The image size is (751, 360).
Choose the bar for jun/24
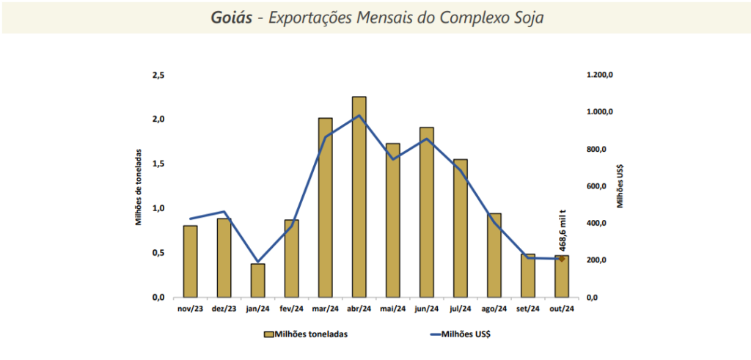point(426,212)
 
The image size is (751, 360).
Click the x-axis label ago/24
point(494,309)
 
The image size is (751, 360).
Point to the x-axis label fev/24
point(291,309)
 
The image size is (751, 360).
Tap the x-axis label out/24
point(561,309)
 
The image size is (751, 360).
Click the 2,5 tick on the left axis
point(158,76)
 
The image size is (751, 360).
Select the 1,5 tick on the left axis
point(158,164)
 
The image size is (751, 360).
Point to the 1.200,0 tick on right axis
point(599,76)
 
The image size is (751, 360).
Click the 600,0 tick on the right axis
point(596,186)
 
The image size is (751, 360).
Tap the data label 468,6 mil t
point(562,229)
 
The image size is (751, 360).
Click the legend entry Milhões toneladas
point(305,334)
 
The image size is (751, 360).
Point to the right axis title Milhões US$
point(620,186)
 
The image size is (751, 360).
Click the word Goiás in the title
point(232,18)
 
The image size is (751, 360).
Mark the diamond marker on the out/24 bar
point(561,258)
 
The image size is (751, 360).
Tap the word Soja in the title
point(527,18)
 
